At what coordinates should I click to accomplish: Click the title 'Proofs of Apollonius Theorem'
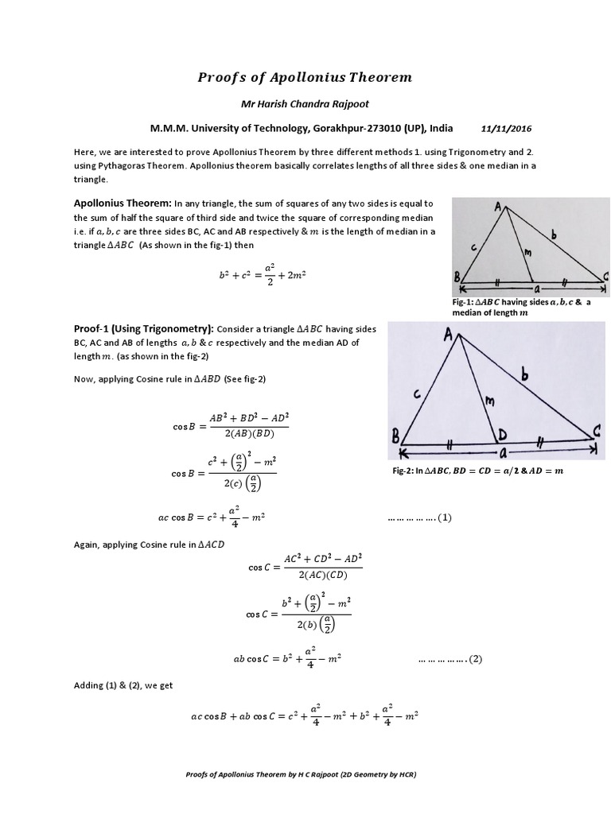tap(305, 77)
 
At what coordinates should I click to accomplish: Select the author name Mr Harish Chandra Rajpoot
tap(305, 106)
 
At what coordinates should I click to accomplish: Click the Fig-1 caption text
tap(521, 308)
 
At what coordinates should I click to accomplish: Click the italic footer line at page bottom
tap(305, 773)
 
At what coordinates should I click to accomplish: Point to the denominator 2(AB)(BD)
tap(248, 432)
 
